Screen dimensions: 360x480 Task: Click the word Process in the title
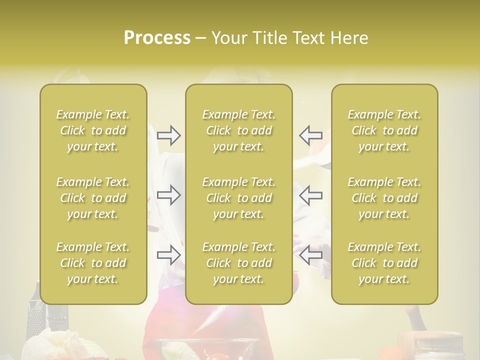click(157, 38)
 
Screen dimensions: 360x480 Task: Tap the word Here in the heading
click(348, 38)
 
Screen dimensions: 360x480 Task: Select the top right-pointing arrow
click(168, 134)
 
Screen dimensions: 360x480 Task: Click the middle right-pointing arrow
click(168, 195)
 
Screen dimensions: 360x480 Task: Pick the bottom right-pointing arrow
click(168, 255)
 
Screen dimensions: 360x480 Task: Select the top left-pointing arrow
click(310, 134)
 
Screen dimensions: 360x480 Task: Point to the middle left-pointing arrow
click(310, 195)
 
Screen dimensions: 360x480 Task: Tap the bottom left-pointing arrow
click(310, 255)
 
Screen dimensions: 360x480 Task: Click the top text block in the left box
click(93, 130)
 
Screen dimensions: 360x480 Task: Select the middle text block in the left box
click(93, 198)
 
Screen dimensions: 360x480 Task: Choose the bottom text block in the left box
click(93, 263)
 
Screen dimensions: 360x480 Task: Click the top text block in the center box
click(239, 130)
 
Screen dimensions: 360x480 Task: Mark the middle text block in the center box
click(239, 198)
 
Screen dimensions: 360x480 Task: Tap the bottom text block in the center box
click(239, 263)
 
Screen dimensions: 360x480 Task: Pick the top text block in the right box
click(384, 130)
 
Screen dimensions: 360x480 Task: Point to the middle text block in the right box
click(384, 198)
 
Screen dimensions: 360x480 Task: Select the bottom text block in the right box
click(384, 263)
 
